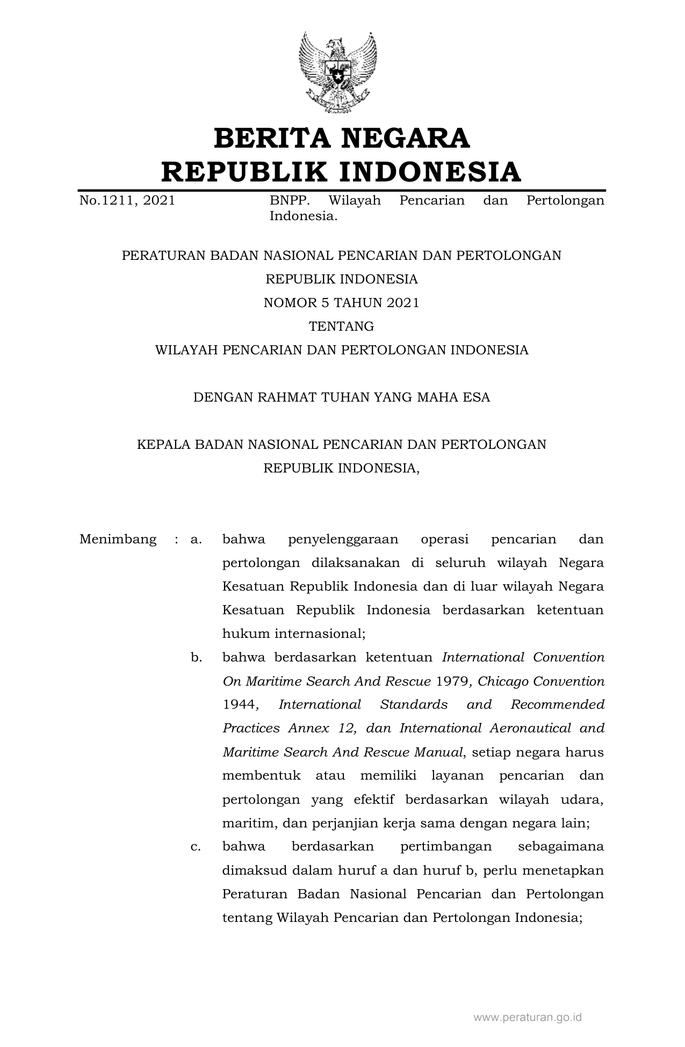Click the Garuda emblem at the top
click(x=337, y=72)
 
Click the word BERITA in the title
click(x=271, y=138)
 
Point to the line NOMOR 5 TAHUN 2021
click(x=341, y=303)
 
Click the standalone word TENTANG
click(x=341, y=326)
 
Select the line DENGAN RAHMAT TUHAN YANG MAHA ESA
click(x=341, y=397)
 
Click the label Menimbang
click(x=118, y=539)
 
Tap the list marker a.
click(x=196, y=539)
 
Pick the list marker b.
click(x=196, y=657)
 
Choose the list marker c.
click(x=196, y=846)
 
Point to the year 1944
click(x=239, y=704)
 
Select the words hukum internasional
click(x=293, y=634)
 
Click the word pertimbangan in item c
click(x=446, y=846)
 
